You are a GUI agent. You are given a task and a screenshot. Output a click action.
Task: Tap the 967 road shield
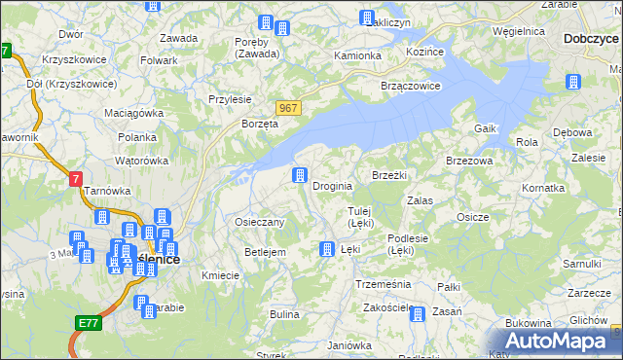pos(287,108)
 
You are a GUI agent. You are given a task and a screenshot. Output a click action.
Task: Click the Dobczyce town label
pos(591,40)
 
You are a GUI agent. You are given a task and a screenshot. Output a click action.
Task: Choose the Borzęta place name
pos(261,125)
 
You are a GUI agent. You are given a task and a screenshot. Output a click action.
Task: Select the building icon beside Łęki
pos(327,250)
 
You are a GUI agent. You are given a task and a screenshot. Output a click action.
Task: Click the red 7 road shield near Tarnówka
pos(76,179)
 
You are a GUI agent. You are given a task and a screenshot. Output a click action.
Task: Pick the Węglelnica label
pos(519,31)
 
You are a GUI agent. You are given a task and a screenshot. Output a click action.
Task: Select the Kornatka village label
pos(543,187)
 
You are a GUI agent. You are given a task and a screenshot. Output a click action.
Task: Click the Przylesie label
pos(230,99)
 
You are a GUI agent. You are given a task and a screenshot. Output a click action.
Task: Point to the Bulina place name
pos(284,314)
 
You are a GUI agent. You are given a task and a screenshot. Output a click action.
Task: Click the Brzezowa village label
pos(469,160)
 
